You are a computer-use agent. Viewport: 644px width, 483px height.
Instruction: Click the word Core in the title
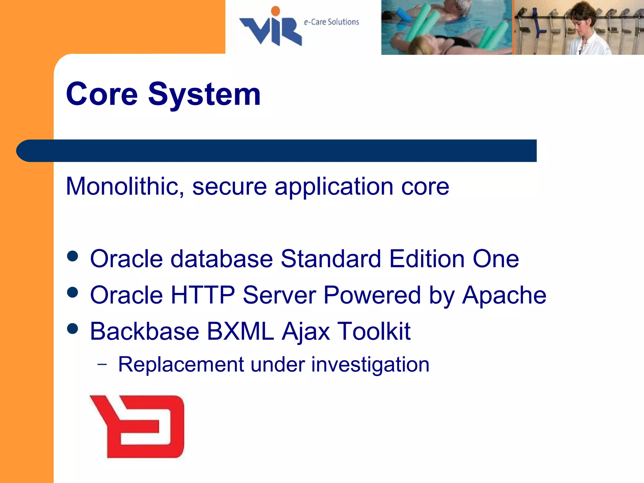(x=102, y=94)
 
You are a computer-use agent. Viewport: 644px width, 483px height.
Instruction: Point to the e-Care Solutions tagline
(x=331, y=22)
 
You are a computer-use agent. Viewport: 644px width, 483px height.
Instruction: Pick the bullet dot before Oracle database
(x=73, y=256)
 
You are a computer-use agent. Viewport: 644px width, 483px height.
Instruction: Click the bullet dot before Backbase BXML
(x=73, y=329)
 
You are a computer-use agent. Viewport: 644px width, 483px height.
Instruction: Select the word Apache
(x=504, y=296)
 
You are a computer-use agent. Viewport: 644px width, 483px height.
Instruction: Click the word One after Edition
(x=496, y=259)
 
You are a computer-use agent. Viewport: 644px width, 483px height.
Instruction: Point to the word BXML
(x=240, y=331)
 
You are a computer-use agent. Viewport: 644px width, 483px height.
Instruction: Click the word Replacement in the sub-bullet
(x=181, y=365)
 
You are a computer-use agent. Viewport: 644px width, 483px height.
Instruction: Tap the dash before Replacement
(x=102, y=364)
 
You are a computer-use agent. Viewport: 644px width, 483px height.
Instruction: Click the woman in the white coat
(x=585, y=31)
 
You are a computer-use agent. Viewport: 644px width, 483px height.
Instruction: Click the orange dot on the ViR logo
(x=275, y=11)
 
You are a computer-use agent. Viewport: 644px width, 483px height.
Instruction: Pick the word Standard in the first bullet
(x=331, y=259)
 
